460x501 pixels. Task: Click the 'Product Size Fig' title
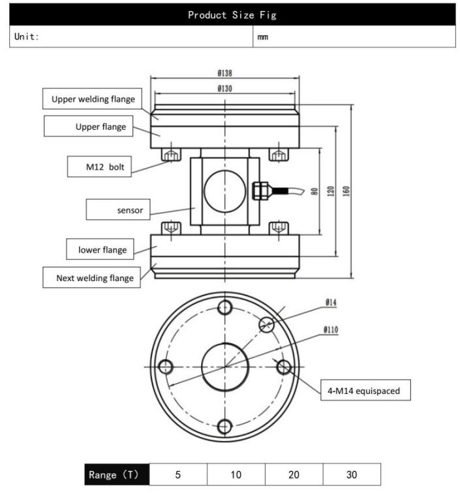[x=230, y=14]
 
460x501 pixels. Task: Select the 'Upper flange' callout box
[x=89, y=126]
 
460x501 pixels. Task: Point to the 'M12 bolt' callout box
[x=100, y=167]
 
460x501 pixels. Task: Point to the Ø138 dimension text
[x=224, y=73]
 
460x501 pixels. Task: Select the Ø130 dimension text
[x=224, y=88]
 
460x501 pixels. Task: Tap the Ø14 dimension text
[x=331, y=303]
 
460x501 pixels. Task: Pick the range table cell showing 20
[x=294, y=474]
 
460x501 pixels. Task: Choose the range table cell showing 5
[x=178, y=474]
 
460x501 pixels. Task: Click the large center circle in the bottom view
[x=224, y=367]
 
